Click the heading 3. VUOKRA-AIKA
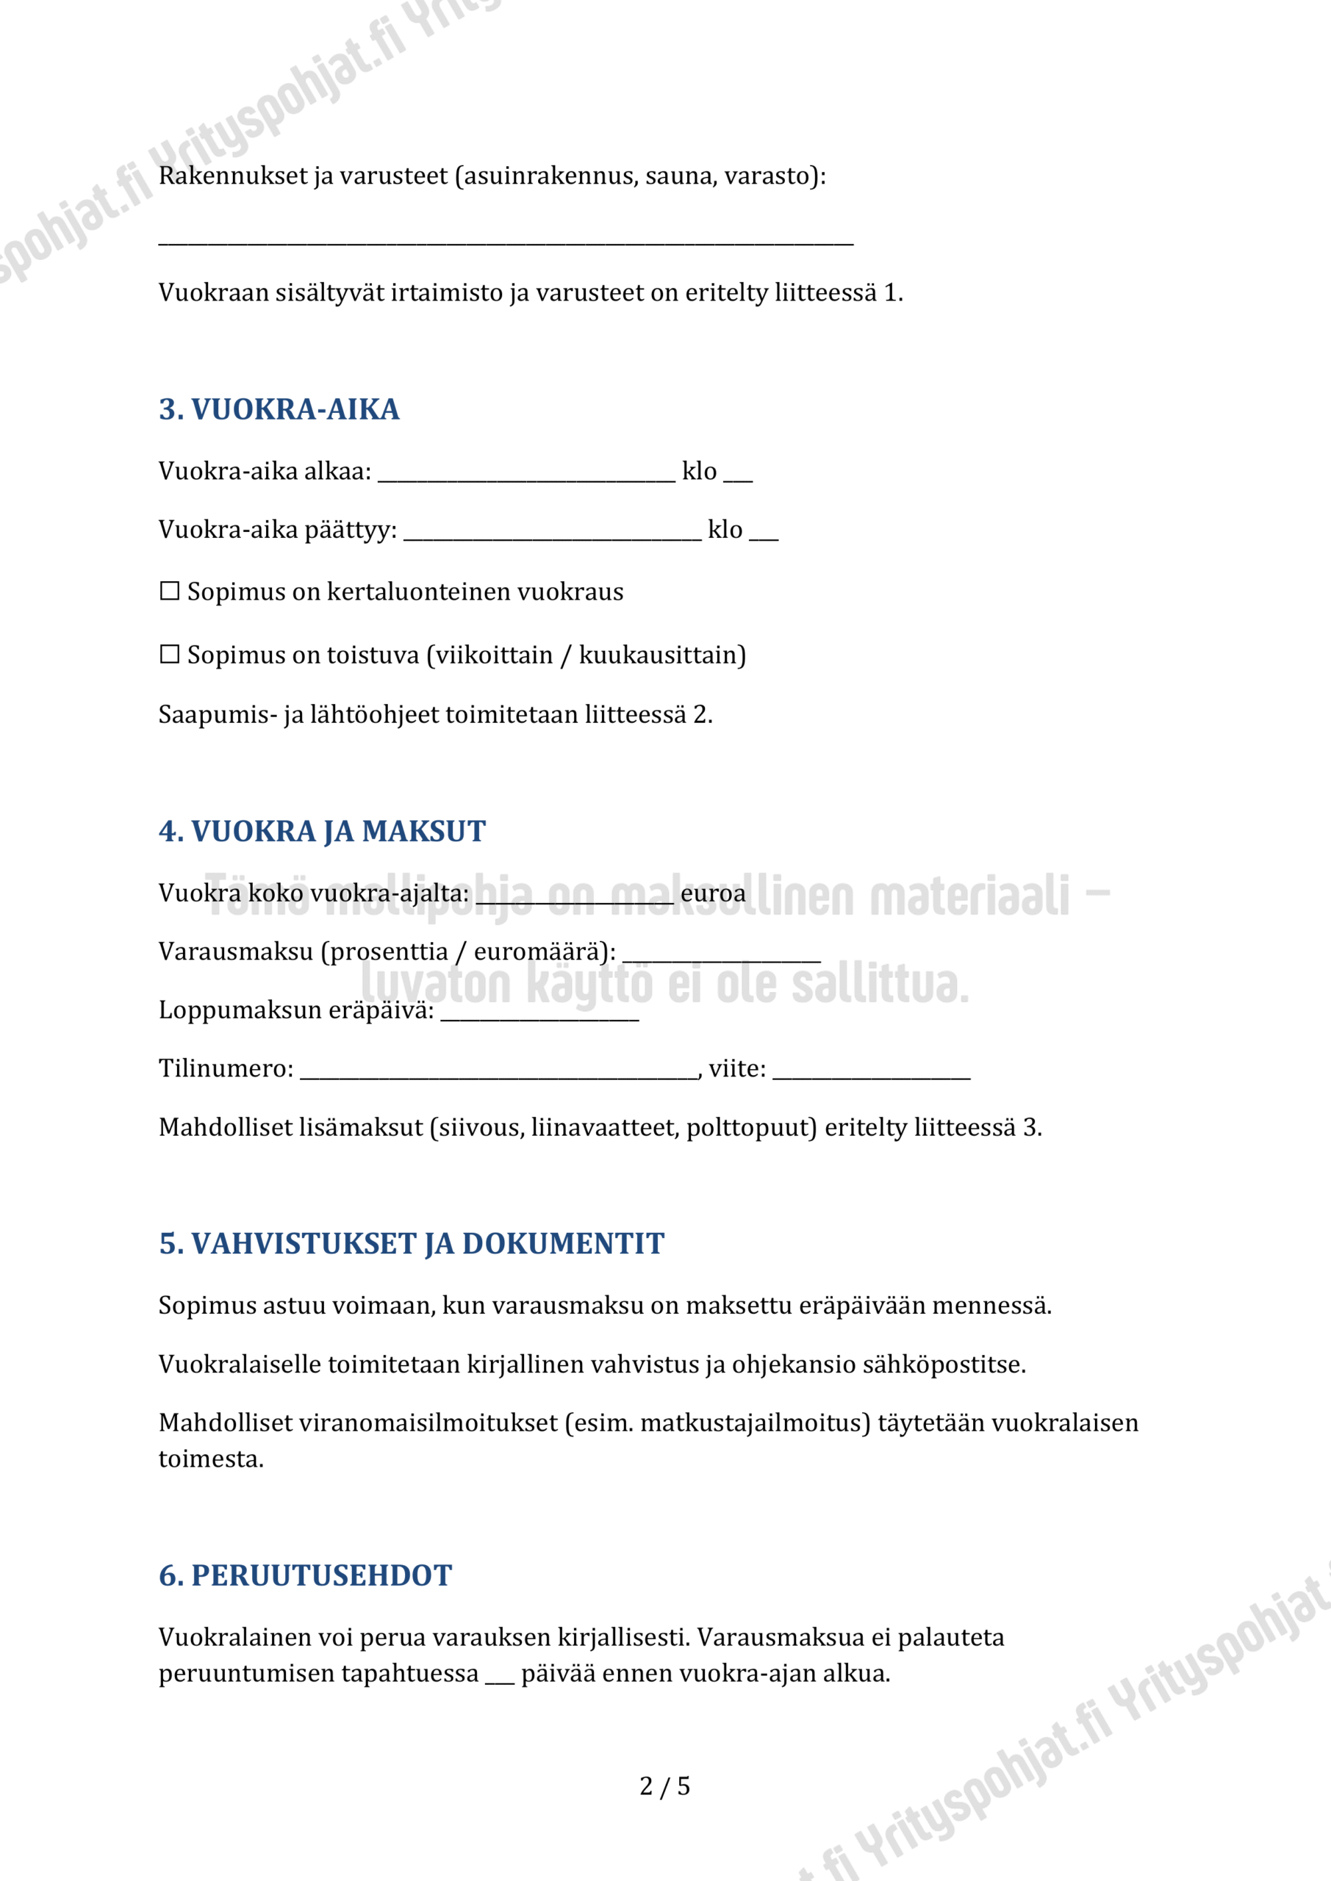click(279, 409)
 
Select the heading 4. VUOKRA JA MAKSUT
click(322, 832)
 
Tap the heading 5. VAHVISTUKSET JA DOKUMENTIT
click(412, 1244)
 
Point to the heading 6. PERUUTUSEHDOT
click(305, 1575)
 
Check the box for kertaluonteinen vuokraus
click(170, 591)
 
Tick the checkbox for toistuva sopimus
click(170, 655)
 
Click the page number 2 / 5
click(664, 1786)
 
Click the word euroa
click(713, 893)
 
